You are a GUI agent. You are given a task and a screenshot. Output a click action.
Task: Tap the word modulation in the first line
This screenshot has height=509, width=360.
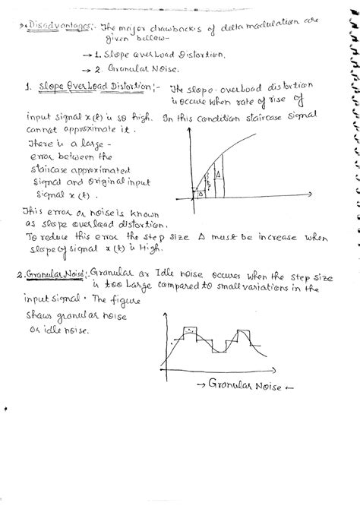pyautogui.click(x=267, y=27)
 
